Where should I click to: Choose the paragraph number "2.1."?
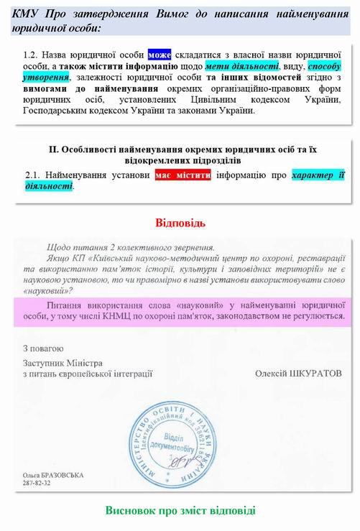click(32, 175)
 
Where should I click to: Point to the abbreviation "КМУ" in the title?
click(27, 14)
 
